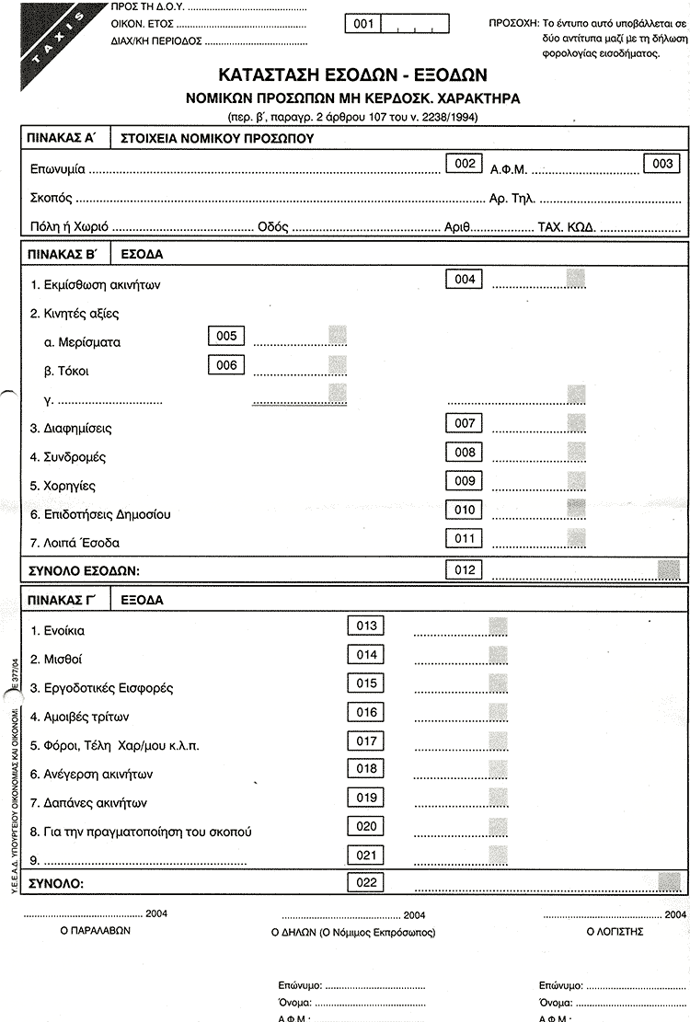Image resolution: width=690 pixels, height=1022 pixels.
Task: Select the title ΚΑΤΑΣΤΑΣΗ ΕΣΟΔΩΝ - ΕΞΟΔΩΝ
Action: pyautogui.click(x=352, y=75)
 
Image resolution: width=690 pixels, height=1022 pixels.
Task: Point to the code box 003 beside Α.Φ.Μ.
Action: pyautogui.click(x=661, y=164)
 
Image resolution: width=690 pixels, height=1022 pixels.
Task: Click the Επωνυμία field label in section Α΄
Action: pyautogui.click(x=57, y=170)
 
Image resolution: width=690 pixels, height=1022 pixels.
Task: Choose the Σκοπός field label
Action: pyautogui.click(x=51, y=198)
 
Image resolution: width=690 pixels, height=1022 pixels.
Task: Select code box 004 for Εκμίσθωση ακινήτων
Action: pyautogui.click(x=463, y=279)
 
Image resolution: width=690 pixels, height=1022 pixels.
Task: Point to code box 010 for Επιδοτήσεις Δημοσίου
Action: pyautogui.click(x=463, y=510)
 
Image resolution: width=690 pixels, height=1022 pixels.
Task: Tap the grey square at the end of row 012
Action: pyautogui.click(x=669, y=569)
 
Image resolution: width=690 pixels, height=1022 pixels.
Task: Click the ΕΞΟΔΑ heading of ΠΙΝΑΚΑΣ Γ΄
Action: pyautogui.click(x=141, y=601)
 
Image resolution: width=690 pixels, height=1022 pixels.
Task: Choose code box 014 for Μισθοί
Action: pyautogui.click(x=366, y=655)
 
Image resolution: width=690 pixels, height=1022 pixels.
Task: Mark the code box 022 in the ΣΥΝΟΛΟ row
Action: pyautogui.click(x=366, y=883)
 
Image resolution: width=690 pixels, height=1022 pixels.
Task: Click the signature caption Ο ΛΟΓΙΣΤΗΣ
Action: pyautogui.click(x=615, y=931)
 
